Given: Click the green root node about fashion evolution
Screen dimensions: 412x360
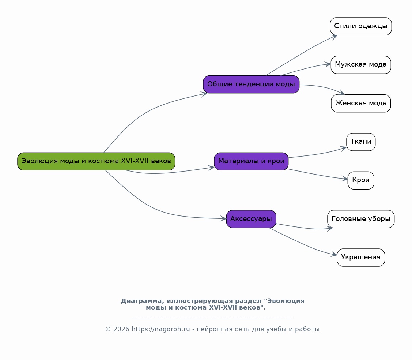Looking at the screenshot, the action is tap(96, 161).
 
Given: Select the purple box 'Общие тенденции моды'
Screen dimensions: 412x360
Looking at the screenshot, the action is tap(251, 84).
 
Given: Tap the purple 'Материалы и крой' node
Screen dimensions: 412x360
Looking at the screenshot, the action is tap(251, 161).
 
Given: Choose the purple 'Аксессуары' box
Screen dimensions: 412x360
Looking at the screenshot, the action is tap(251, 219).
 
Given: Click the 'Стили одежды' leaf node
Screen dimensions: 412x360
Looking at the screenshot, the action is tap(361, 26).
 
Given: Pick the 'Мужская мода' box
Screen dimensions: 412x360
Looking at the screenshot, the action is tap(361, 65).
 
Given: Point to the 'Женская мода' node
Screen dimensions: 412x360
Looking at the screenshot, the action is tap(361, 103).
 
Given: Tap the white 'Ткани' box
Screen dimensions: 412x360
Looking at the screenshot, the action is tap(361, 142).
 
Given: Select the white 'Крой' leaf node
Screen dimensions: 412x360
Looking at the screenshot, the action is tap(361, 180).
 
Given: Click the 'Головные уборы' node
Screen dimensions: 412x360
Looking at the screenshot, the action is tap(361, 219).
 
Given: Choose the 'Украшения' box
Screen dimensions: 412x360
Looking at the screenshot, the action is tap(361, 258).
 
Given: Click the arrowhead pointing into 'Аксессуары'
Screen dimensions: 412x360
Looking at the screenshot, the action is tap(223, 218).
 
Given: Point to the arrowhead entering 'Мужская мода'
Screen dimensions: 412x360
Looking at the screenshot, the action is tap(328, 64).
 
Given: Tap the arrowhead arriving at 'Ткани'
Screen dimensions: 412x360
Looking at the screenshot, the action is tap(344, 149).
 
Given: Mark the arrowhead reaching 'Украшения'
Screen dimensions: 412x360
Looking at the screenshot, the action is tap(334, 255).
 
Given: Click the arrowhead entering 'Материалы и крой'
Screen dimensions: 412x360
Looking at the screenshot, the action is tap(212, 168).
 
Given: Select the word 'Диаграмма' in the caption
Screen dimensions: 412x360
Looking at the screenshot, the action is tap(143, 301).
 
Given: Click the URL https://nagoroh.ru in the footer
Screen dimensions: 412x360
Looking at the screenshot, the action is tap(160, 329).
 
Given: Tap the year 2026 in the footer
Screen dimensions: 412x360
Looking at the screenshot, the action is tap(121, 329).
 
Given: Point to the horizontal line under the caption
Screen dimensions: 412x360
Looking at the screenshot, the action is tap(212, 318).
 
